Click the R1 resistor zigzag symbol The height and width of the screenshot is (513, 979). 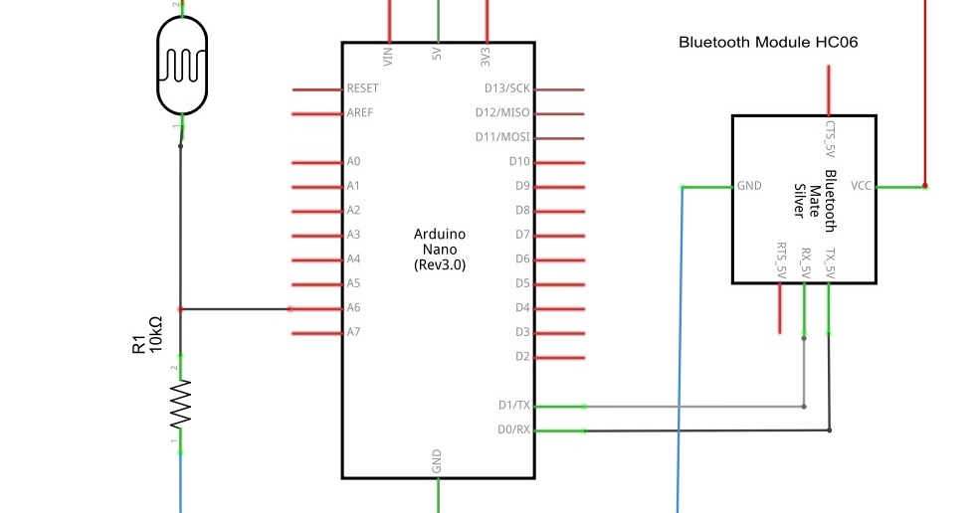[x=180, y=404]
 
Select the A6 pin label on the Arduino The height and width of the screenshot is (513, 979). [x=353, y=308]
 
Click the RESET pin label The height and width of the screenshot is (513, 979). [x=362, y=88]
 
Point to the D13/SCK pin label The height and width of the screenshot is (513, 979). [x=506, y=88]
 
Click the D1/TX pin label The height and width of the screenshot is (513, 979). [x=514, y=406]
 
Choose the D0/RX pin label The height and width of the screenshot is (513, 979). [x=514, y=430]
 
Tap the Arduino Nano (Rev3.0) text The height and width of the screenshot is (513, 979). [x=439, y=250]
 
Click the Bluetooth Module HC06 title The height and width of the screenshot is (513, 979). [x=767, y=43]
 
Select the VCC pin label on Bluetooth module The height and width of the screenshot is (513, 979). [x=862, y=186]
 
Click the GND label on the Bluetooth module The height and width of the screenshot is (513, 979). [x=749, y=186]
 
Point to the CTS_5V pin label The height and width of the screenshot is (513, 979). [x=830, y=139]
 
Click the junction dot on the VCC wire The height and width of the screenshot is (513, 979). [x=924, y=186]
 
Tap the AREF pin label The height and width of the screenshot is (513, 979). [x=359, y=113]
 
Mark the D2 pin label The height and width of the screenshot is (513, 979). [x=521, y=356]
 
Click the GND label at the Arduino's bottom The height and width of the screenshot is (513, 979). [x=437, y=461]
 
